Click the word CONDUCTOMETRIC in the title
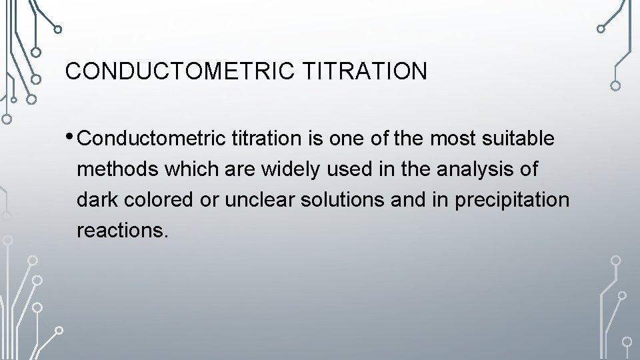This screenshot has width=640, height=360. (x=180, y=71)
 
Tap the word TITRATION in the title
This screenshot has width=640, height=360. (x=365, y=71)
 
